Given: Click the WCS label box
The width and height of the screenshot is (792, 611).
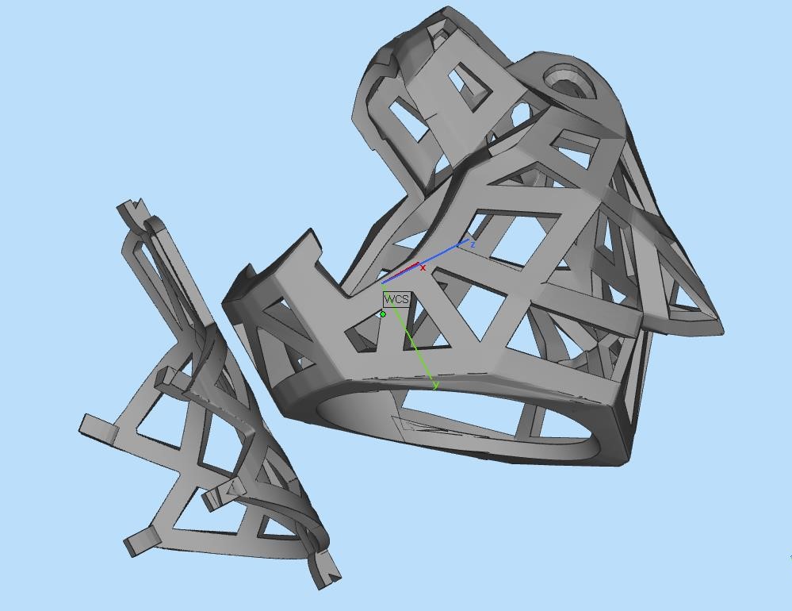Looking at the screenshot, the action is pyautogui.click(x=396, y=299).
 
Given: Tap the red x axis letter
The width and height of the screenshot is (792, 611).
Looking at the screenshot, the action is pyautogui.click(x=423, y=268).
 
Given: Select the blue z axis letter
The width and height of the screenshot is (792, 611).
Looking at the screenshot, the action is pyautogui.click(x=473, y=244).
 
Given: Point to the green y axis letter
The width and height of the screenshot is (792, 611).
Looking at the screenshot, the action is pyautogui.click(x=436, y=386).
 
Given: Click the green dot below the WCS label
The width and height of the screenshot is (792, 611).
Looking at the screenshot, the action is pyautogui.click(x=383, y=314).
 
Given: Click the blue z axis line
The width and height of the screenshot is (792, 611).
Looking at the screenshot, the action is pyautogui.click(x=425, y=261).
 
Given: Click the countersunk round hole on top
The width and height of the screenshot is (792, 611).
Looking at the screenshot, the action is pyautogui.click(x=571, y=81).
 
